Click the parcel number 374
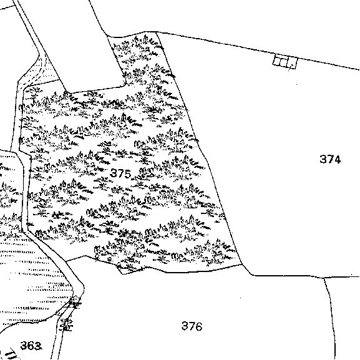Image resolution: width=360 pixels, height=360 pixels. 330,159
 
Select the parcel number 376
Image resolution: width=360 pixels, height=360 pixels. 192,326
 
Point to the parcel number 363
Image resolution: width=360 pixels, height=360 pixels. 31,346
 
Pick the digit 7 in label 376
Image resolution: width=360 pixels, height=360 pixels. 192,326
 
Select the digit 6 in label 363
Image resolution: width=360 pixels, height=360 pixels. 31,346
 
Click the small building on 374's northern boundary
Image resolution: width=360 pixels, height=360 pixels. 285,61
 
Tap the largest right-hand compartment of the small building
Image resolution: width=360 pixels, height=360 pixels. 292,62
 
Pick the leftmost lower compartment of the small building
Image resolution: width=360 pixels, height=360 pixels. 277,61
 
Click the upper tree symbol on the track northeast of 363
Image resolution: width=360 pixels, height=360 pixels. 75,303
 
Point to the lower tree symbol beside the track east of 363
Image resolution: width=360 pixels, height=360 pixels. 67,324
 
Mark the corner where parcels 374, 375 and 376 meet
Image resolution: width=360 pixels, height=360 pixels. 243,265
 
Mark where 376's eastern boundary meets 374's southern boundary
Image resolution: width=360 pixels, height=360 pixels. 324,278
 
